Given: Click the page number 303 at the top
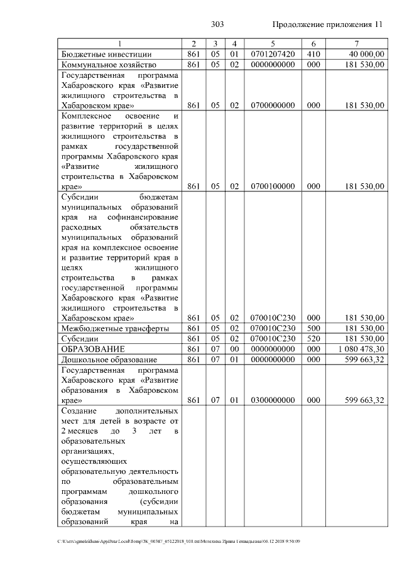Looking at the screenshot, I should (x=217, y=24).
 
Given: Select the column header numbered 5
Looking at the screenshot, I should (x=273, y=44).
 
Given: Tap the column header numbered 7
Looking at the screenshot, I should (x=356, y=44).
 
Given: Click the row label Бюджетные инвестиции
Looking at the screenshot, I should (x=106, y=55).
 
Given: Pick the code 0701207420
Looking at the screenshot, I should (x=273, y=55).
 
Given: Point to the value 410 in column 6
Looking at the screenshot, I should (x=313, y=55).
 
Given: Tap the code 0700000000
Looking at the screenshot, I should (x=273, y=105).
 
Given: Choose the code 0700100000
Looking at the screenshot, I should (x=273, y=186).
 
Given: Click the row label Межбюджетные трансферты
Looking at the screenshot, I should (x=114, y=328).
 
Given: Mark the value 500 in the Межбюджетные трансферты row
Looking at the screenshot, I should (x=313, y=328).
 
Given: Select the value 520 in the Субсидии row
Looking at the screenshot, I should (x=313, y=338).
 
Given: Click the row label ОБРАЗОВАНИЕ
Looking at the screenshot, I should (x=92, y=349).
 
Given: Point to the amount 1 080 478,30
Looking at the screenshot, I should (x=361, y=349).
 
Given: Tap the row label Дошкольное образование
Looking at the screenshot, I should (x=109, y=359).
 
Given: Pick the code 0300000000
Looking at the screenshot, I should (x=273, y=400).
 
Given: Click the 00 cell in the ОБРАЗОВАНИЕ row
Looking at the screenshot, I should (x=234, y=349).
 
